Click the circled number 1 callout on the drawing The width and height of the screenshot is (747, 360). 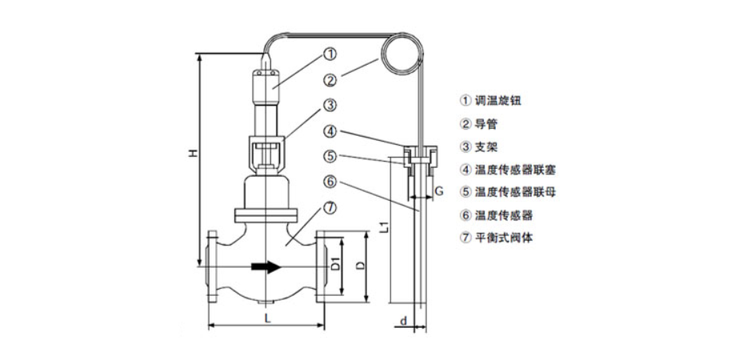[330, 54]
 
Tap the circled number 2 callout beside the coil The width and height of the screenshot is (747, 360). [330, 80]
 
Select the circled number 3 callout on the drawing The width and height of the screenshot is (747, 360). [330, 105]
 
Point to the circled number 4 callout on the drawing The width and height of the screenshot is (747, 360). [330, 130]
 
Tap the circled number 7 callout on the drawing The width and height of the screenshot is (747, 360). [330, 206]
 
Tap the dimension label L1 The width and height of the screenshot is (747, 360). [383, 226]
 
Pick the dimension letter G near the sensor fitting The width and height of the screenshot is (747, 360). [439, 190]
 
